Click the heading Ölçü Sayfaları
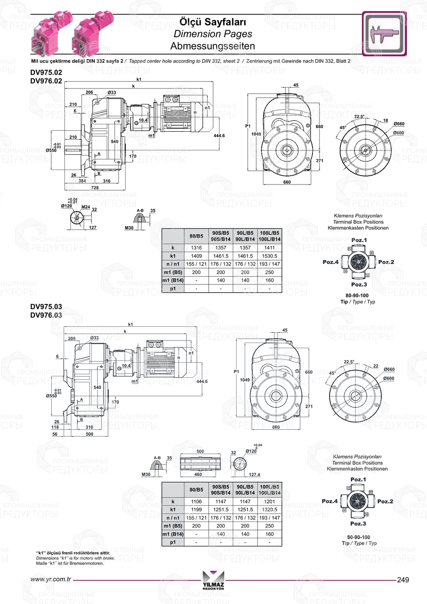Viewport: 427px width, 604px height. pos(212,22)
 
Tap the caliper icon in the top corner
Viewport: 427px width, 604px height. pos(384,34)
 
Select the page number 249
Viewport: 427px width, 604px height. pos(403,580)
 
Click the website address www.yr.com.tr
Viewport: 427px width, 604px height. pos(51,580)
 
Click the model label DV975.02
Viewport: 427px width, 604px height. pos(46,73)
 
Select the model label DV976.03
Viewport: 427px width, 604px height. pos(46,315)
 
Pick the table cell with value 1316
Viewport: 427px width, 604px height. pos(196,248)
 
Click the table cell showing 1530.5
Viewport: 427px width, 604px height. pos(269,256)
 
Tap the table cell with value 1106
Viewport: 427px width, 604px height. pos(196,501)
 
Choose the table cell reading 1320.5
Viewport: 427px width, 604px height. pos(269,510)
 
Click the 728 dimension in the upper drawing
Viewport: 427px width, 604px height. pos(95,188)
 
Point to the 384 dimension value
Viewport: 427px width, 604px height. pos(82,181)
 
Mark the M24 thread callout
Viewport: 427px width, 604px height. pos(86,207)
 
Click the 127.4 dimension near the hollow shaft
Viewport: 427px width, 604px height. pos(254,475)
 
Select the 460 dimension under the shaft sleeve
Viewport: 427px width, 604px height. pos(198,474)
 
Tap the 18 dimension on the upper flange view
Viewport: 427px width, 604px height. pos(385,120)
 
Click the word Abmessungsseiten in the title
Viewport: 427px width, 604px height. pos(212,46)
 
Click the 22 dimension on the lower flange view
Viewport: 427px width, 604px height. pos(376,366)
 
